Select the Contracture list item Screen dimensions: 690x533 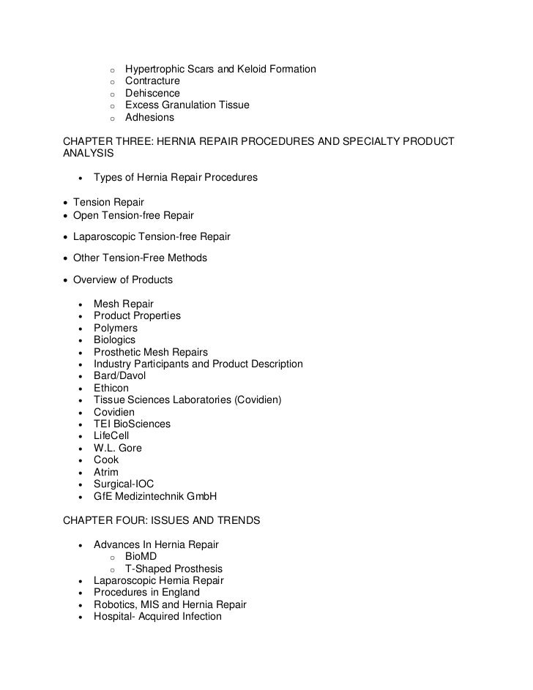(x=152, y=81)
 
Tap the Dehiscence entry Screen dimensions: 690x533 (x=152, y=93)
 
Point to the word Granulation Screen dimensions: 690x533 (x=190, y=105)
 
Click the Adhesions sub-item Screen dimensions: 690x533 (x=149, y=117)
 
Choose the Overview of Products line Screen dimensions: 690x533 (x=123, y=280)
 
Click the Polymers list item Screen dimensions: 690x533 (x=115, y=328)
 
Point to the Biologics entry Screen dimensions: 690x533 (x=114, y=340)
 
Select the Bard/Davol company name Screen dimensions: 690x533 (x=119, y=376)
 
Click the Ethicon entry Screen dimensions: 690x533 (x=111, y=388)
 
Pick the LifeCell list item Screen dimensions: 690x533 (x=111, y=436)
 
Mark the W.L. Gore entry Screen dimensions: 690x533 (x=117, y=448)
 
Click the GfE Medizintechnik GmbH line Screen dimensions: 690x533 (x=155, y=496)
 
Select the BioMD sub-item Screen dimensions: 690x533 (x=141, y=557)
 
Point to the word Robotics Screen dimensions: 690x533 (x=115, y=604)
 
